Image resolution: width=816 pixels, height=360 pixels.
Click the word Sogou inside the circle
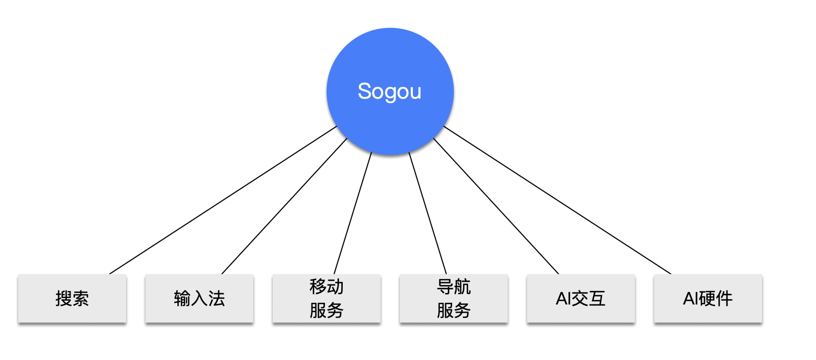389,92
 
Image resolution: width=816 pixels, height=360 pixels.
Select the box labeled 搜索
72,299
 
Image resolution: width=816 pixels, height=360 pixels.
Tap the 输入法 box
199,299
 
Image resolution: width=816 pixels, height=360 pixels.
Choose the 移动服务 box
326,299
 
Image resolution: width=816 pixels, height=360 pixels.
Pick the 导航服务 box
453,299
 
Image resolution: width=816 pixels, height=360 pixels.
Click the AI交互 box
580,299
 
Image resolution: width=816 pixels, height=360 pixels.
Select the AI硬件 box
708,299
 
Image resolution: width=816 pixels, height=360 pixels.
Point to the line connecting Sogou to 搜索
223,200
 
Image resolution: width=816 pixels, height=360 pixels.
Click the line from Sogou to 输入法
284,206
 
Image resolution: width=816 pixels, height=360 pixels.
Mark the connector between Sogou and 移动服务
353,213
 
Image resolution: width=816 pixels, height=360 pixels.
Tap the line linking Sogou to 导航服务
427,213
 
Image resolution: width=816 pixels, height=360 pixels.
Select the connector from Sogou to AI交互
496,206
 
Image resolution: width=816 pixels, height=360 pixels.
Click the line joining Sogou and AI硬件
557,200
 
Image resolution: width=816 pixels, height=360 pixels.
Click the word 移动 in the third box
326,287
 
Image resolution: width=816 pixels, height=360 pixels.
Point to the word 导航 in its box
453,287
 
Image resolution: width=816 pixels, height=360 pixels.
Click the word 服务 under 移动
326,310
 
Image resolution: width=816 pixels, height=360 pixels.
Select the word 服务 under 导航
453,310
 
